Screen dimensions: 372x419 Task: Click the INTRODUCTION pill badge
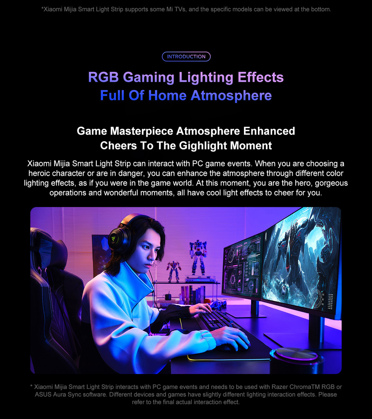(x=186, y=56)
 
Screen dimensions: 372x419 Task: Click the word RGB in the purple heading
(x=104, y=77)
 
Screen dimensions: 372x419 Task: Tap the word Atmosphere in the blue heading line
(x=231, y=96)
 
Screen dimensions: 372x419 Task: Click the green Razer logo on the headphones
(x=113, y=239)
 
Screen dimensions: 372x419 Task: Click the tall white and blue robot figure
(x=198, y=257)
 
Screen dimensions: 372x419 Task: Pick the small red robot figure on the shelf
(x=173, y=271)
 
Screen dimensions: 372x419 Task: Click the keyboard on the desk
(x=217, y=321)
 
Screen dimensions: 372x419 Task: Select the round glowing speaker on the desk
(x=296, y=360)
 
